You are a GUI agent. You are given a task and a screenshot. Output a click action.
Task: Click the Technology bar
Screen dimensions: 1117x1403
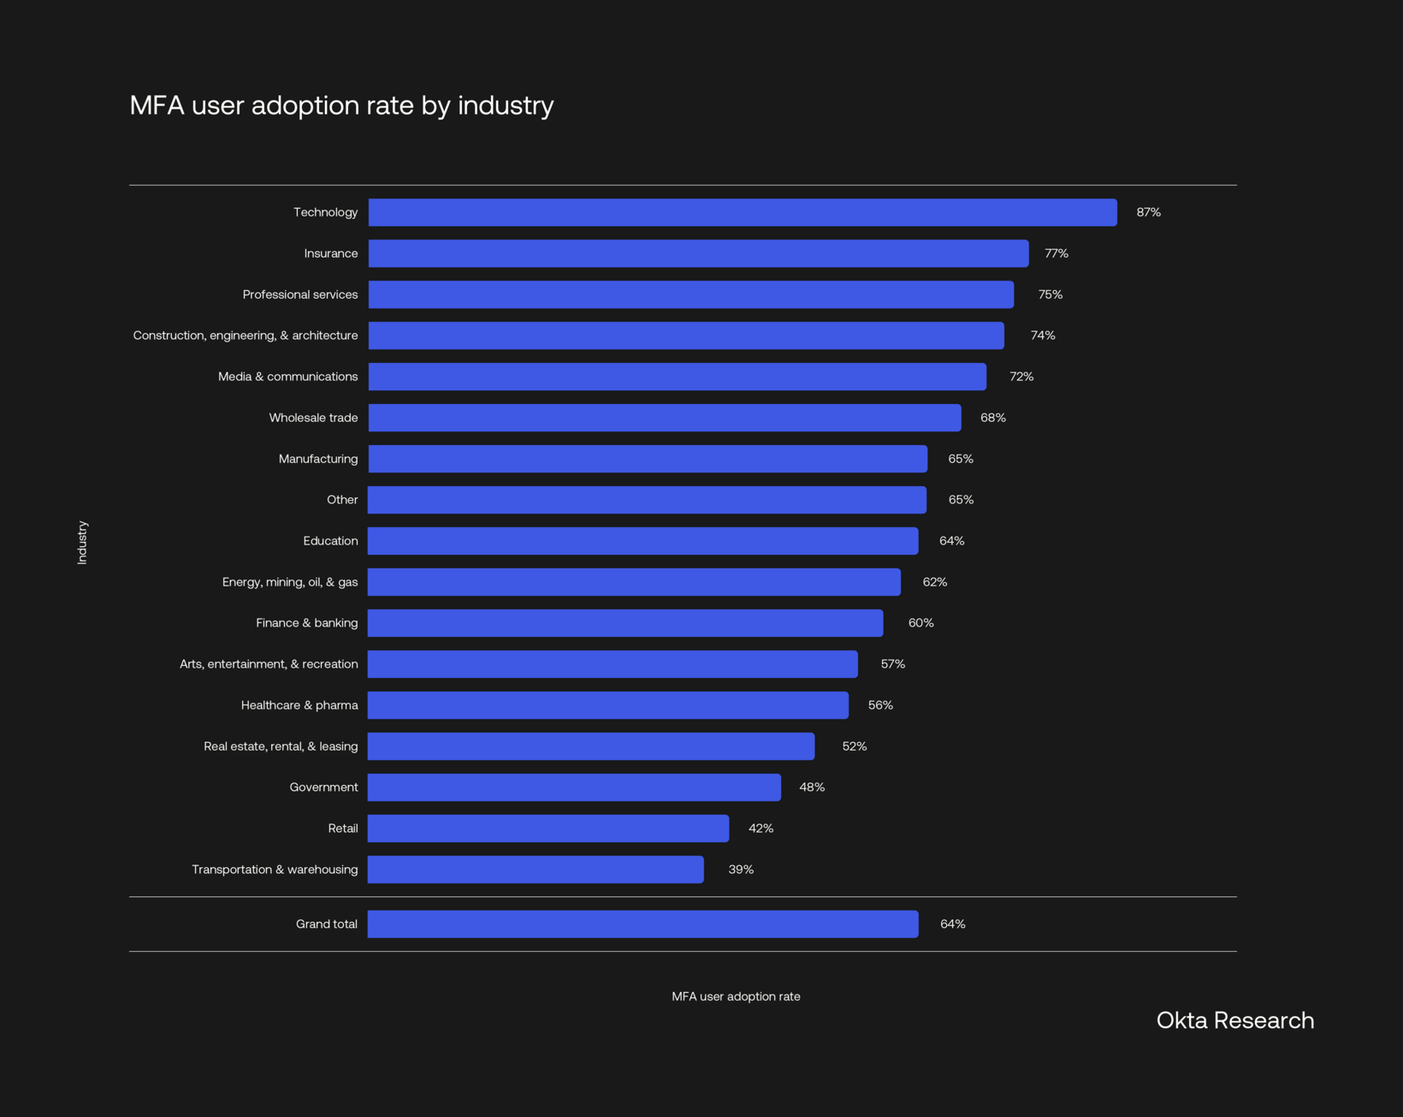(743, 212)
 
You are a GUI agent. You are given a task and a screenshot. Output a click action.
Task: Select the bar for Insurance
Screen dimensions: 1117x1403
(698, 253)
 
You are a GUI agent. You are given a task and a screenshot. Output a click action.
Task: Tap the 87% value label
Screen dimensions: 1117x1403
(1148, 212)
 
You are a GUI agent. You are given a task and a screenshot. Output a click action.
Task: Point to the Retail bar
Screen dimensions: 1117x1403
(548, 829)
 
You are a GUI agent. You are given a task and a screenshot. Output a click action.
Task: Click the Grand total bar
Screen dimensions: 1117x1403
(643, 924)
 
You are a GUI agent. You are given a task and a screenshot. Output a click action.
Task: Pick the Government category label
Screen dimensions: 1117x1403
(323, 787)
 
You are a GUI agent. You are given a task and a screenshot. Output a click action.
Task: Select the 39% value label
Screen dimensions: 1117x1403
(741, 870)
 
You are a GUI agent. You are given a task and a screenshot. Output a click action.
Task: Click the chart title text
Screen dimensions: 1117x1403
(341, 105)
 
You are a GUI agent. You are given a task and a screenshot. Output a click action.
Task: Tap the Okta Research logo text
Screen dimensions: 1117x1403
(1234, 1020)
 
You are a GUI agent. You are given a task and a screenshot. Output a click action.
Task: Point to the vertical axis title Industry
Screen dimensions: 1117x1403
(82, 542)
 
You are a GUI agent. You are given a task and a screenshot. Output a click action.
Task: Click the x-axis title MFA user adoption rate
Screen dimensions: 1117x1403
(736, 996)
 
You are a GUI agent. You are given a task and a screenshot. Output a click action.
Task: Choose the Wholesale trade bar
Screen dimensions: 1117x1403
(665, 418)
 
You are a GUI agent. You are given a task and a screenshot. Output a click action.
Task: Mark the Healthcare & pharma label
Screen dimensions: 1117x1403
(299, 705)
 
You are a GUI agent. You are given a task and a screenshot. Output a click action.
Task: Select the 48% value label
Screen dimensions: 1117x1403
(812, 787)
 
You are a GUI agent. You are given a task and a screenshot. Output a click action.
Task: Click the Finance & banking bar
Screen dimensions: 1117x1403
(625, 623)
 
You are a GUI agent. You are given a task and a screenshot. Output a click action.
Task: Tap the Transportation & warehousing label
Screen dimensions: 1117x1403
(275, 870)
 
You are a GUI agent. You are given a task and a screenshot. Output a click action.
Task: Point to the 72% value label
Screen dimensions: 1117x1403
(1021, 377)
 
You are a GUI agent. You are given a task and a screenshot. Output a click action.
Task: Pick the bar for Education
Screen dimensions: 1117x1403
(643, 541)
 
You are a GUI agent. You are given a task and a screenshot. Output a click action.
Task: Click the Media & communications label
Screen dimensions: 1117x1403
(287, 377)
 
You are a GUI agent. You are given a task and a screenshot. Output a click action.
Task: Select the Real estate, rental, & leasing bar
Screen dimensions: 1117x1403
(591, 746)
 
